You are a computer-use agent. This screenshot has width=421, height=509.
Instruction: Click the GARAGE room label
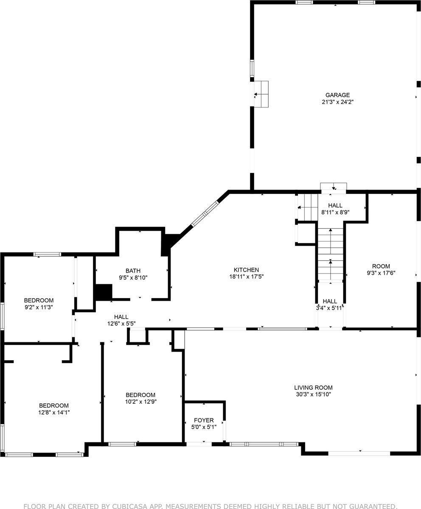pyautogui.click(x=337, y=95)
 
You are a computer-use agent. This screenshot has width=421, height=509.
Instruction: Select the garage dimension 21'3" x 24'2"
pyautogui.click(x=337, y=102)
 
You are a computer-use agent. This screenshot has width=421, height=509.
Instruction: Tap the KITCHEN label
pyautogui.click(x=246, y=270)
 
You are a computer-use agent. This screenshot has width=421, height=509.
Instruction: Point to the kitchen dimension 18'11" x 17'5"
pyautogui.click(x=246, y=277)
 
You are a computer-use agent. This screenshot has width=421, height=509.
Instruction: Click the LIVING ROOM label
pyautogui.click(x=313, y=387)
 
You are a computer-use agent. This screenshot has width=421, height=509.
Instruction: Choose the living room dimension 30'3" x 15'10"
pyautogui.click(x=313, y=394)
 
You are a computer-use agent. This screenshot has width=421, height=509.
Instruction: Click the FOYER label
pyautogui.click(x=204, y=420)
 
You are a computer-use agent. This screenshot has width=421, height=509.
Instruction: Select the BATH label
pyautogui.click(x=133, y=271)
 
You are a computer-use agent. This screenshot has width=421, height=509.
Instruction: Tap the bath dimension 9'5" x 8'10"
pyautogui.click(x=133, y=277)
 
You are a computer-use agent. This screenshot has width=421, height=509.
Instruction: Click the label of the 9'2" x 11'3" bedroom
pyautogui.click(x=39, y=300)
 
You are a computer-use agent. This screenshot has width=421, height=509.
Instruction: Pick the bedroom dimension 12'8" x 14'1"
pyautogui.click(x=54, y=412)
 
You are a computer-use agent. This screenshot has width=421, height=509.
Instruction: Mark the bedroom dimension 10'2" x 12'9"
pyautogui.click(x=140, y=401)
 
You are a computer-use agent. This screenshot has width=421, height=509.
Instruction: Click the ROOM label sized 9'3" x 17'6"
pyautogui.click(x=381, y=266)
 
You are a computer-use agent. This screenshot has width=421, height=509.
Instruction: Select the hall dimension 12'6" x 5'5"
pyautogui.click(x=121, y=324)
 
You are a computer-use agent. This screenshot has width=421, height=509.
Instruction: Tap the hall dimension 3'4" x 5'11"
pyautogui.click(x=329, y=308)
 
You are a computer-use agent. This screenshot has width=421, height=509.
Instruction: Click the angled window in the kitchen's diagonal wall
pyautogui.click(x=205, y=214)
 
